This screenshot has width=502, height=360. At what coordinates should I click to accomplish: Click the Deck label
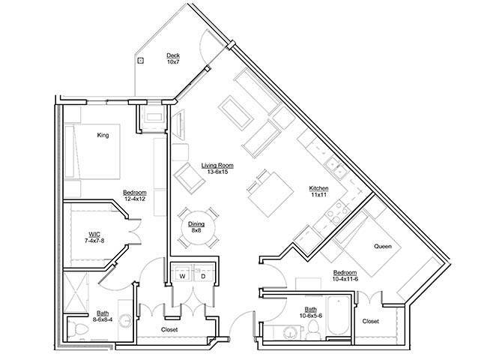click(173, 55)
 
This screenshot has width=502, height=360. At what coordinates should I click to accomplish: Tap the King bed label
click(103, 136)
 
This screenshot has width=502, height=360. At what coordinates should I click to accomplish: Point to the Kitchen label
click(320, 188)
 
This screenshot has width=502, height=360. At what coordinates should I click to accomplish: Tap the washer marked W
click(181, 276)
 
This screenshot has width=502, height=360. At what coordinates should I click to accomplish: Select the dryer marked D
click(203, 276)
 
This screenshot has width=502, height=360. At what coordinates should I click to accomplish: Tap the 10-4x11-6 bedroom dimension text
click(345, 279)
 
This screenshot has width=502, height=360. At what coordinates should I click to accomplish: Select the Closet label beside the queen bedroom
click(371, 322)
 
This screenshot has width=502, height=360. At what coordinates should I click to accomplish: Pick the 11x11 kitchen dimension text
click(320, 196)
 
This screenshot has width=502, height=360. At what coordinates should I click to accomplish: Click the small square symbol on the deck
click(141, 61)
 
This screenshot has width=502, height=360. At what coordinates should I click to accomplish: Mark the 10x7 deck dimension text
click(173, 62)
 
